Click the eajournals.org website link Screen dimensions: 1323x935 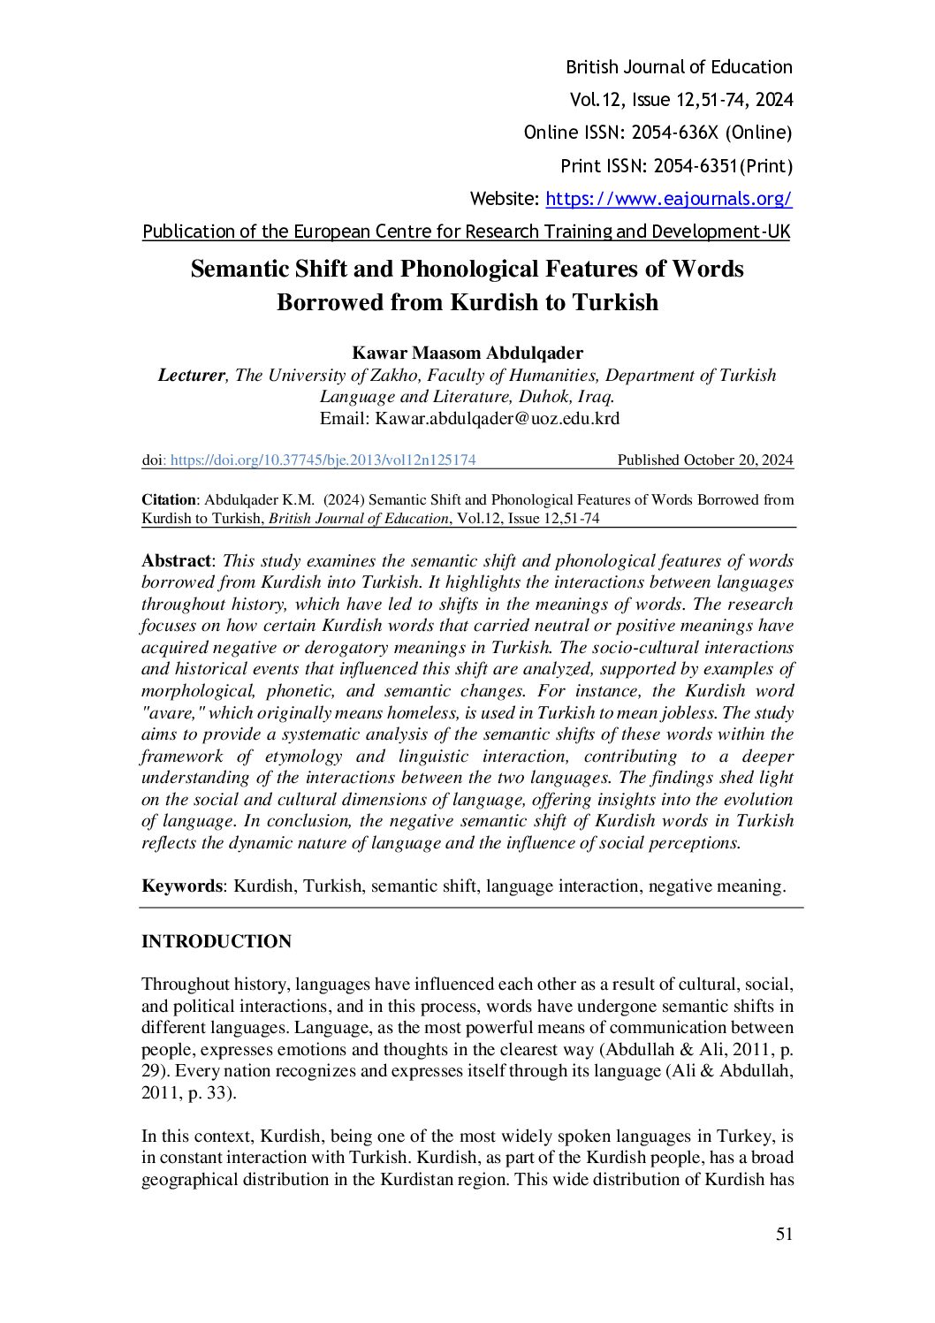coord(668,199)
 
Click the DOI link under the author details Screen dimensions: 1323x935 coord(323,460)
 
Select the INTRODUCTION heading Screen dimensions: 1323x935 coord(217,942)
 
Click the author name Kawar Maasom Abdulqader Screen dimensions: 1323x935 coord(467,353)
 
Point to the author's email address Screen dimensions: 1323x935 coord(498,419)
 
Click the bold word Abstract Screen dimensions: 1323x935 coord(176,561)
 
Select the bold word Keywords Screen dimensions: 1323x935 coord(181,886)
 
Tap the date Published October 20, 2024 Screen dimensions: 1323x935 coord(704,460)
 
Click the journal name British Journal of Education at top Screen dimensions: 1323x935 coord(679,67)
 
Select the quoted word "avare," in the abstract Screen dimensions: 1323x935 coord(170,713)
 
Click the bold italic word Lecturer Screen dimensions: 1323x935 coord(191,375)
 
